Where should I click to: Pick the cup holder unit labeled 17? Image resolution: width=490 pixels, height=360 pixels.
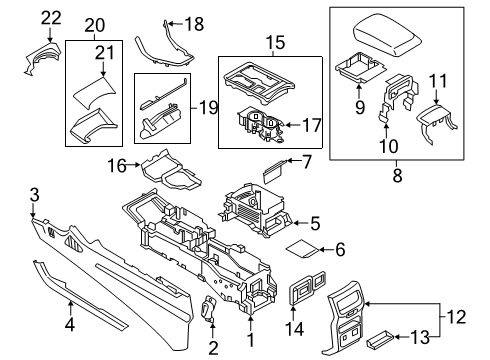[x=257, y=125]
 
